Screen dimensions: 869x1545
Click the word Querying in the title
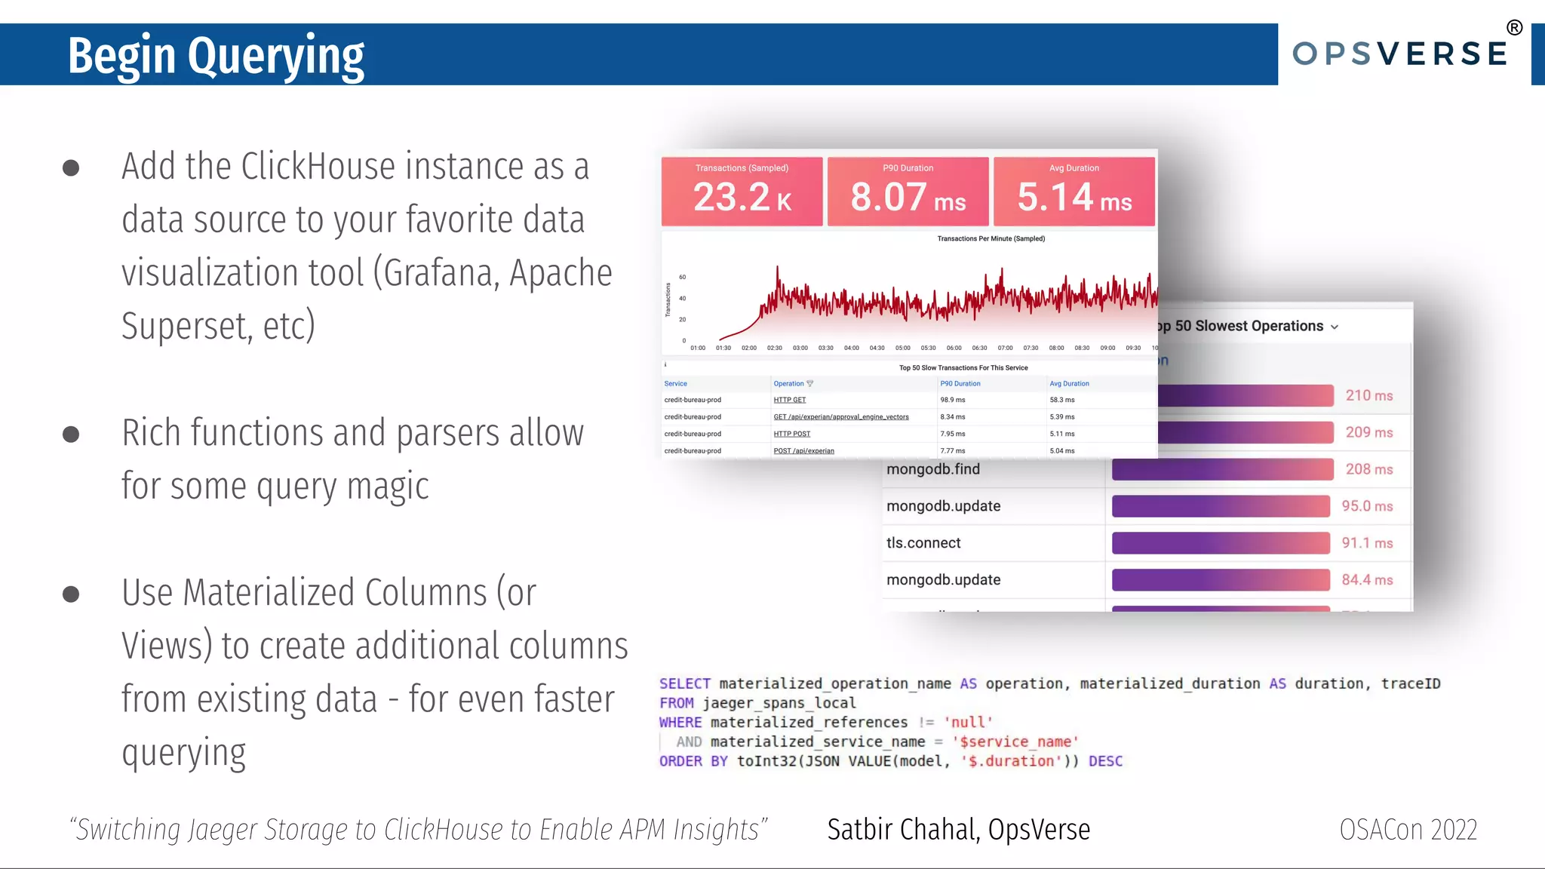(276, 57)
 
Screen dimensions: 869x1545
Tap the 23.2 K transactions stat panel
(742, 192)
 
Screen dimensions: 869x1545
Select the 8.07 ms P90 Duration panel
(908, 192)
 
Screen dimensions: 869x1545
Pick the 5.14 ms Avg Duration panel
(1074, 192)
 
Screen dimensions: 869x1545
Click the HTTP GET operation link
(789, 400)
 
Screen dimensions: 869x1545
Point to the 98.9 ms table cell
(952, 400)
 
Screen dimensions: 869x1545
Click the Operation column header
(789, 383)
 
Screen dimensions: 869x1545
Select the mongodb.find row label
(933, 469)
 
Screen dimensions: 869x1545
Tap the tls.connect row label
(923, 543)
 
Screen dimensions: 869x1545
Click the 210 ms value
(1369, 395)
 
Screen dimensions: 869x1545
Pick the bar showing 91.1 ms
(1221, 543)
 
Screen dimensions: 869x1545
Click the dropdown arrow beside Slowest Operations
(1335, 327)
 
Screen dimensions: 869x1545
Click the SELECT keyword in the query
(684, 683)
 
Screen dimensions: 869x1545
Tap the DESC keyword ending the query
(1105, 761)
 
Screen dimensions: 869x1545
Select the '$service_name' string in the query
(1015, 742)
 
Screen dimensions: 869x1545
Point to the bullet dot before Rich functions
(71, 434)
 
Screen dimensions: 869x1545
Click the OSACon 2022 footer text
(1408, 829)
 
